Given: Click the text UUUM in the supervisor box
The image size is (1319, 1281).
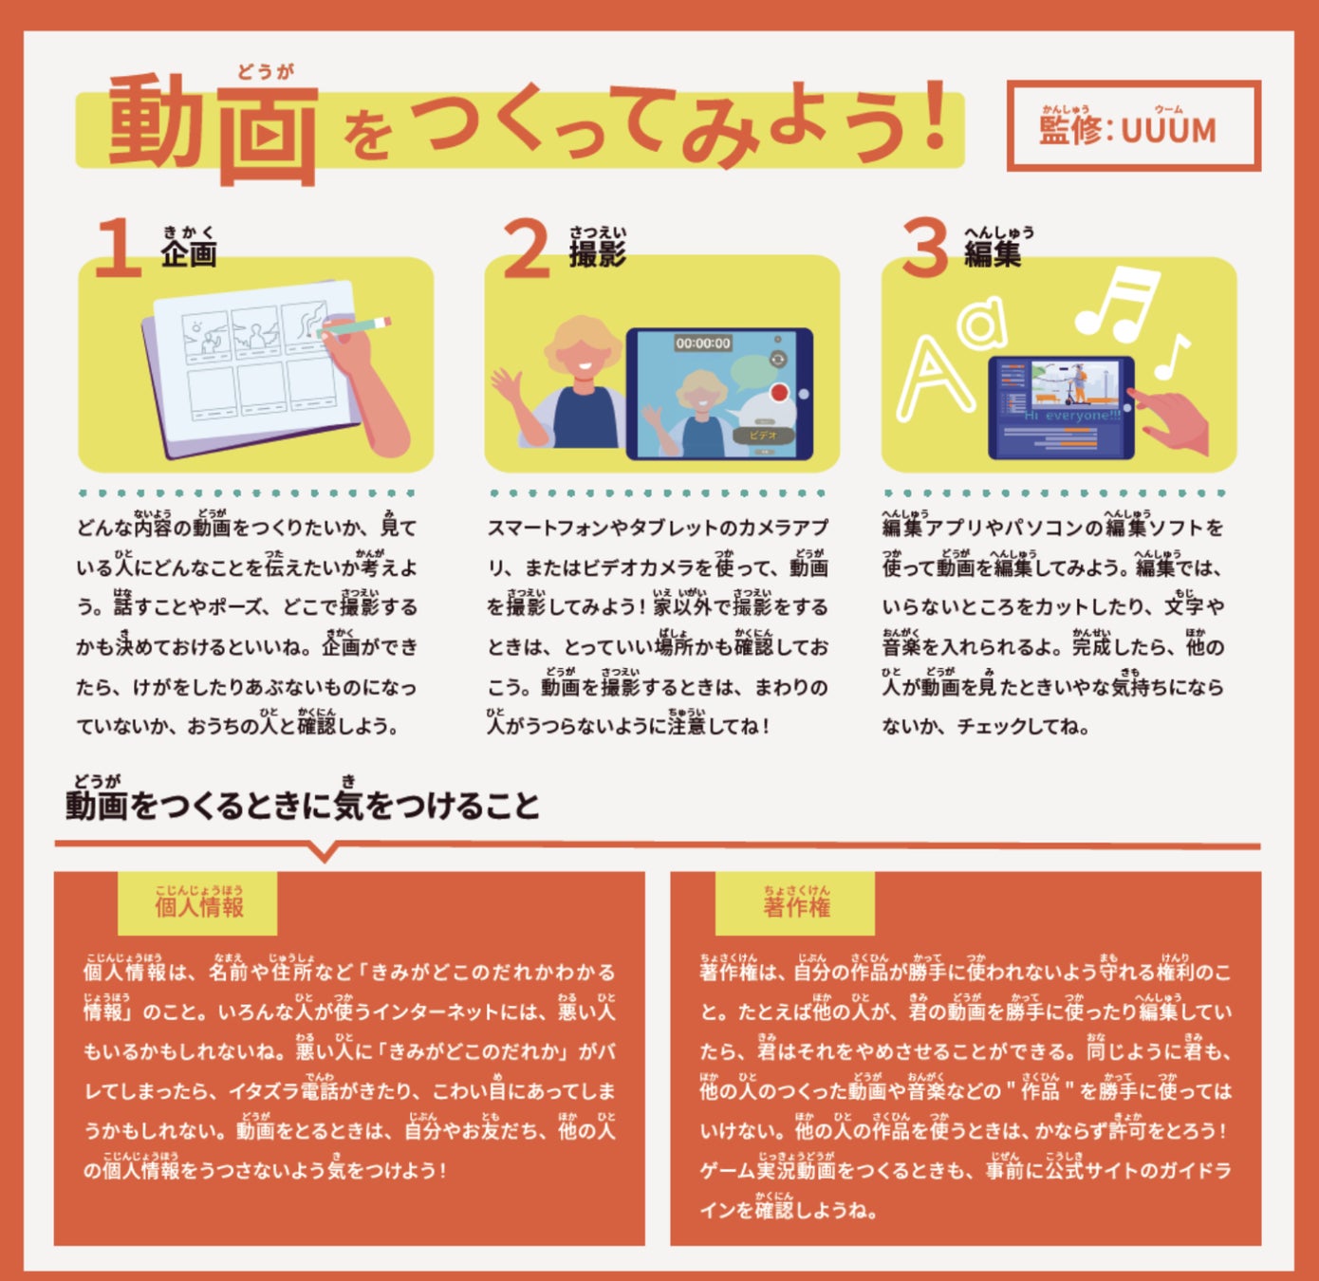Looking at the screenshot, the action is [1168, 131].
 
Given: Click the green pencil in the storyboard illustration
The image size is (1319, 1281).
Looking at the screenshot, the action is [353, 326].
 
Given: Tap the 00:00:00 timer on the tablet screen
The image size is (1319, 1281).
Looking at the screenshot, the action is [703, 343].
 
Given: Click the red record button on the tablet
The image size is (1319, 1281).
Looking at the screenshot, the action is [781, 393].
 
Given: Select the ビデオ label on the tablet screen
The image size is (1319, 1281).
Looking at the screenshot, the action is [763, 436].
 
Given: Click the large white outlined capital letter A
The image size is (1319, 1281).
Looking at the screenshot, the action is [935, 378].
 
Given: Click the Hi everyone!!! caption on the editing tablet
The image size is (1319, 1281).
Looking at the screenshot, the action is [1072, 416].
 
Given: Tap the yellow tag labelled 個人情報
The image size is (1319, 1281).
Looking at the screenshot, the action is [198, 903].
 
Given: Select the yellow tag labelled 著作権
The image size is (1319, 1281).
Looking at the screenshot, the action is [795, 903].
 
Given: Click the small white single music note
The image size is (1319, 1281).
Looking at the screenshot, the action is [1171, 357].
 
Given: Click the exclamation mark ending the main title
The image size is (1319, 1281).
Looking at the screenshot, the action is [936, 115].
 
